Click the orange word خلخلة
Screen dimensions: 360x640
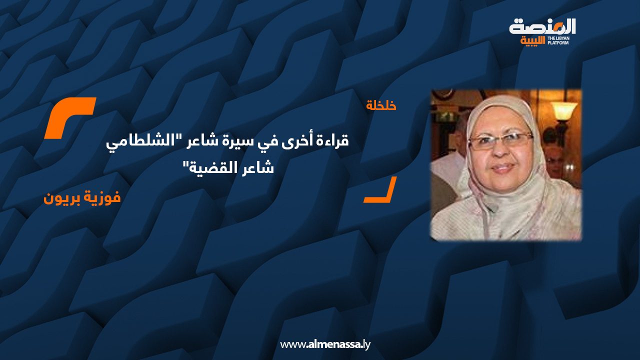[x=381, y=106]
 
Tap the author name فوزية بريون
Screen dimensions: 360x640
[x=82, y=197]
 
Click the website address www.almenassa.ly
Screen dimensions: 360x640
[x=325, y=344]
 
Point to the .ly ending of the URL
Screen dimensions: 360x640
[x=365, y=344]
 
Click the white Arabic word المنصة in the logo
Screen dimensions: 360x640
[x=543, y=26]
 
